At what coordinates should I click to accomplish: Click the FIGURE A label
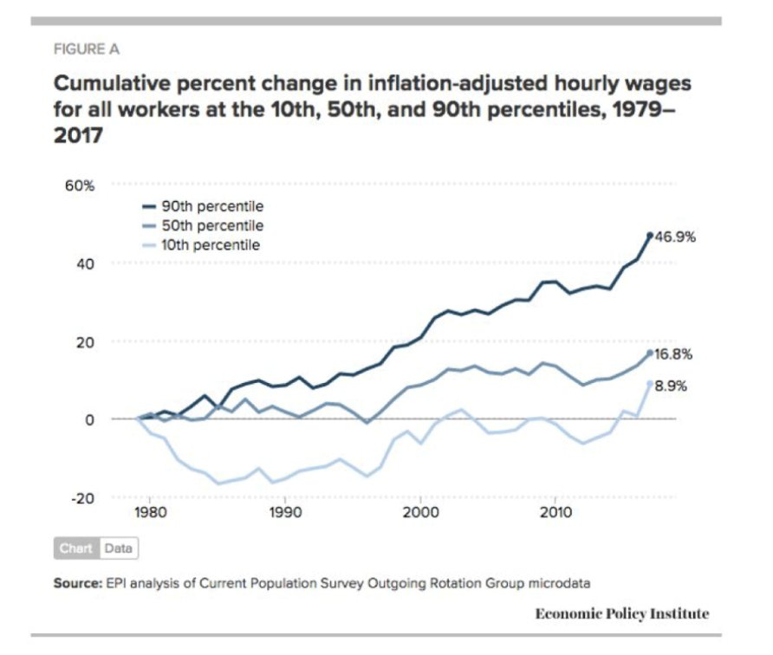[87, 49]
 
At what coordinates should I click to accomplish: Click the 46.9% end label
[673, 237]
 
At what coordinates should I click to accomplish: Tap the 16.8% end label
[673, 354]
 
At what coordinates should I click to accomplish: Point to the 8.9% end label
[670, 386]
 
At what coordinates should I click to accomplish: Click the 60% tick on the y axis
[71, 186]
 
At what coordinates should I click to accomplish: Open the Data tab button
[119, 548]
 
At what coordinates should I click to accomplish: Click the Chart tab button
[76, 548]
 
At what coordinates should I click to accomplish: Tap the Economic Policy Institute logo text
[621, 613]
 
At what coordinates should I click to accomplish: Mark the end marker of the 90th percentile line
[649, 235]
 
